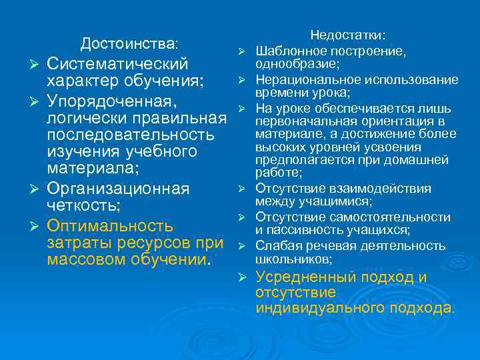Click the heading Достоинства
click(128, 44)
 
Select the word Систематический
click(118, 64)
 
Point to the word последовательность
click(131, 135)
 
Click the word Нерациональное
click(304, 80)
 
